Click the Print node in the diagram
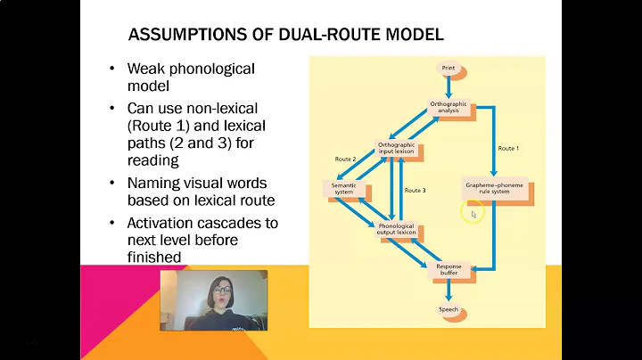pos(448,68)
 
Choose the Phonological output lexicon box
pos(397,228)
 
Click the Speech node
pos(448,309)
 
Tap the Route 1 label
pos(507,147)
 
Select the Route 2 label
pos(346,159)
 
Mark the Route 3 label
pos(416,190)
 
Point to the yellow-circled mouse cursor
pos(473,213)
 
